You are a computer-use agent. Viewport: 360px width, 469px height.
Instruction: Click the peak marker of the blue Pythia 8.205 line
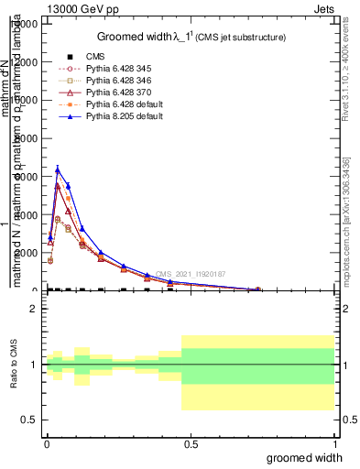(58, 169)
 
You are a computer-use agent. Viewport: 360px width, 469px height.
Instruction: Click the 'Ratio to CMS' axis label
(12, 365)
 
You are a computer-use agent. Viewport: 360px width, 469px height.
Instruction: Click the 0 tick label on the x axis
(47, 444)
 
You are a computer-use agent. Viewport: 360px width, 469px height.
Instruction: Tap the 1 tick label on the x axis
(334, 444)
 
